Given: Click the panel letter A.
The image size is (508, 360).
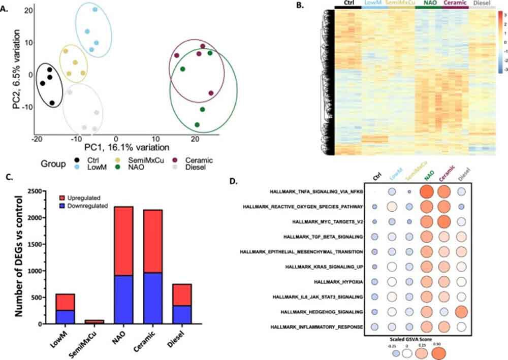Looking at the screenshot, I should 7,8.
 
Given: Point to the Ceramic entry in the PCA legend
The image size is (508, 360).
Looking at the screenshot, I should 194,160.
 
